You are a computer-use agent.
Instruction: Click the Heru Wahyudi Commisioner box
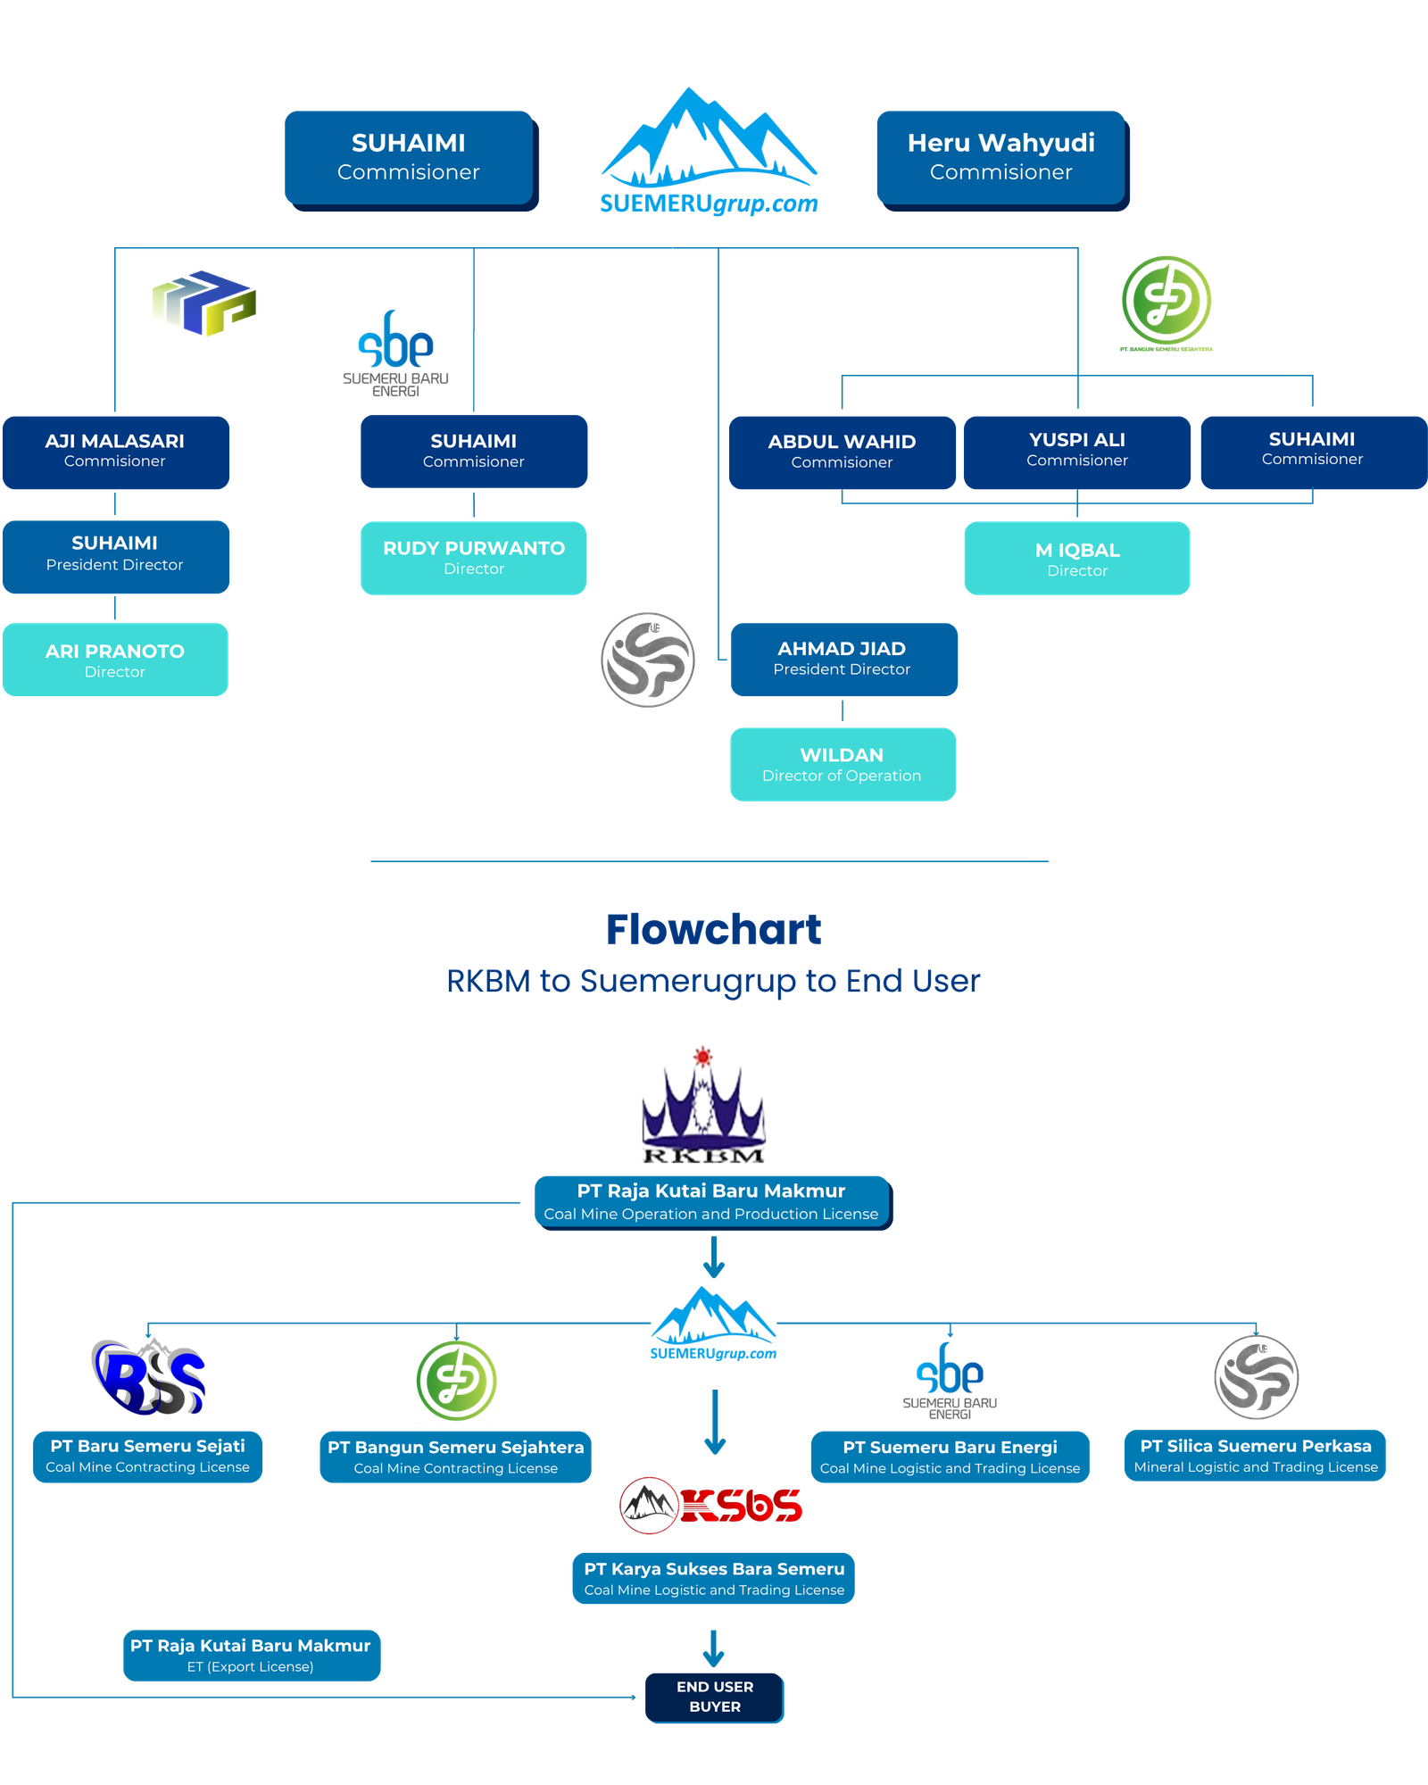pos(1000,157)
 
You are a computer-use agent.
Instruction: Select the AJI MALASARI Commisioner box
pos(115,451)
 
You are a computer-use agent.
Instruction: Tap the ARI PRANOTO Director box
pos(115,660)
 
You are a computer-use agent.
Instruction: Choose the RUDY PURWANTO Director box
pos(473,558)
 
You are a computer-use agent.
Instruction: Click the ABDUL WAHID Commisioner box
pos(842,452)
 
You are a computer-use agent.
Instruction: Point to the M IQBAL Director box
pos(1076,559)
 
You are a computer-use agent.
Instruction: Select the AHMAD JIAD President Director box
pos(843,658)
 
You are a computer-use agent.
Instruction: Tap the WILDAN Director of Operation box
pos(843,764)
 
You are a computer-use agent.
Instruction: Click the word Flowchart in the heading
pos(713,929)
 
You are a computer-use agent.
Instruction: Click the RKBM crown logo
pos(704,1107)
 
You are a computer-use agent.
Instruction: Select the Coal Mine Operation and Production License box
pos(711,1201)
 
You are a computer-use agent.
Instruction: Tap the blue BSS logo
pos(148,1377)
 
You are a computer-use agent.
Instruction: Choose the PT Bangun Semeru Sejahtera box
pos(455,1457)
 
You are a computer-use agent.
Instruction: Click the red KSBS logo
pos(711,1506)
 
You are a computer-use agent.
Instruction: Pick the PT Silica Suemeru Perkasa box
pos(1255,1456)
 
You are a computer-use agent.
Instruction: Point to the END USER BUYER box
pos(715,1697)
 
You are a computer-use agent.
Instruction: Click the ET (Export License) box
pos(251,1656)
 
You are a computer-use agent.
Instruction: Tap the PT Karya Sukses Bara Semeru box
pos(714,1578)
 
